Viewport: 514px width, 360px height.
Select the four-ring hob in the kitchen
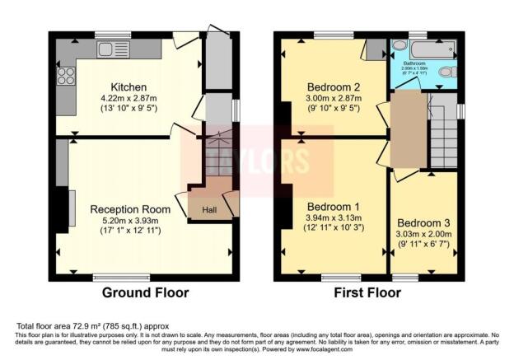(x=65, y=77)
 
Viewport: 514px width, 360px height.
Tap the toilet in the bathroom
(x=446, y=72)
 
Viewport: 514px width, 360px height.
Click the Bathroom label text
(x=414, y=63)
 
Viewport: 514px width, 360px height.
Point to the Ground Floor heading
(x=145, y=292)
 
